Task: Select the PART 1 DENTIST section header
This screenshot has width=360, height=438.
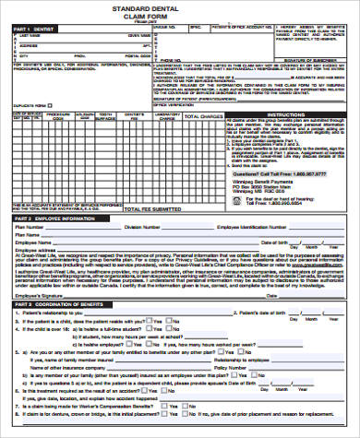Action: (28, 30)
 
